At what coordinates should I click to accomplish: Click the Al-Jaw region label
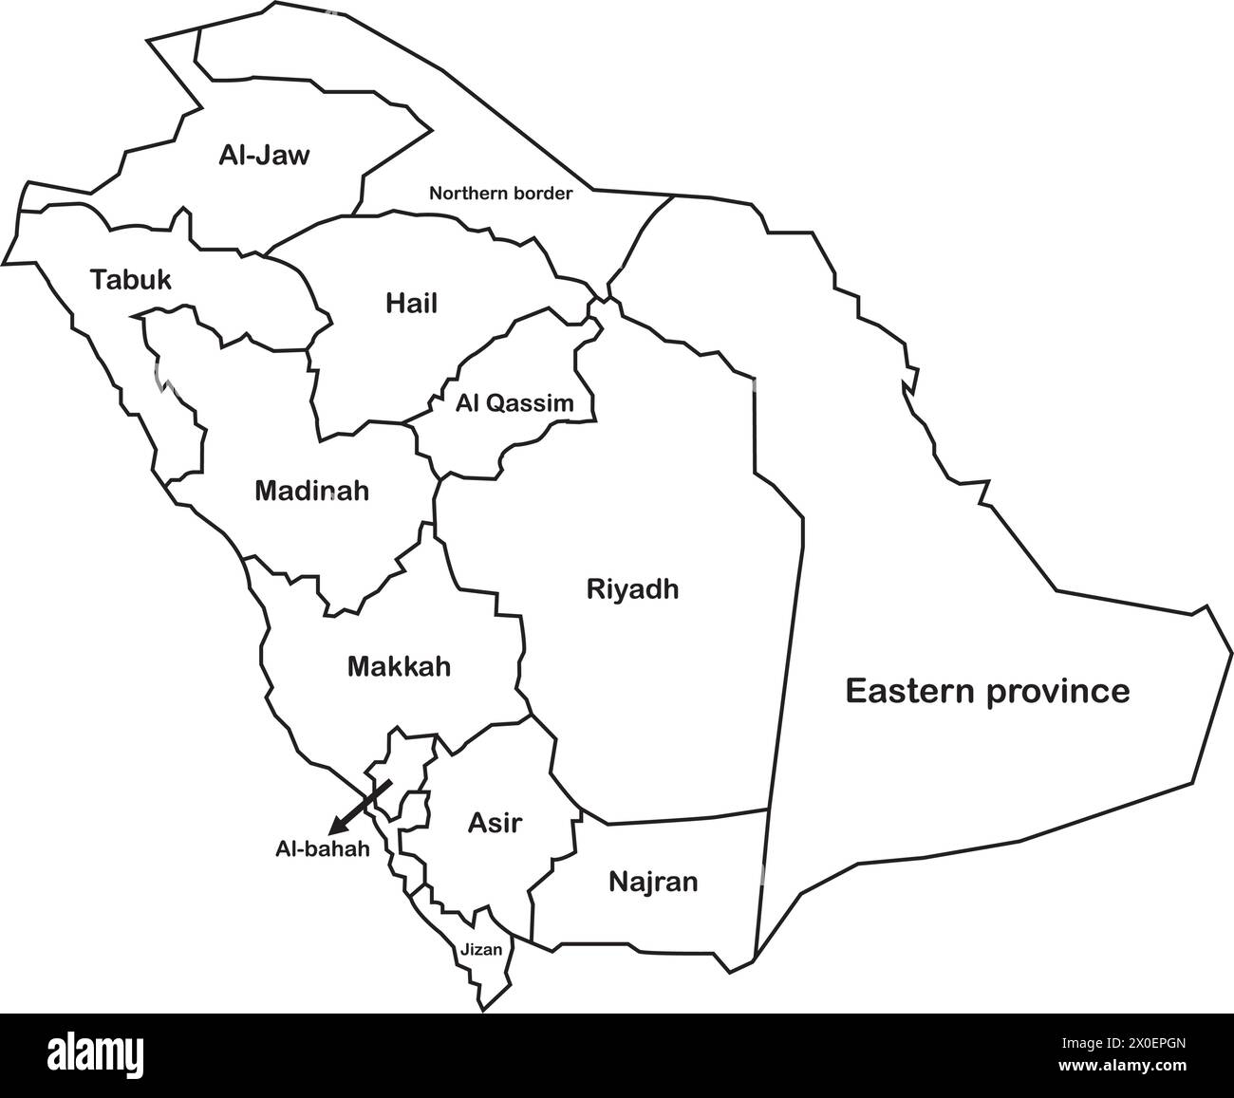coord(264,155)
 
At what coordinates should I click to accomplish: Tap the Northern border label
coord(500,194)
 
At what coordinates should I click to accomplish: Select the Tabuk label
coord(131,280)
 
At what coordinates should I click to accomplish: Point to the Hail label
coord(411,304)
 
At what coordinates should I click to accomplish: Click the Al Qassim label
coord(514,403)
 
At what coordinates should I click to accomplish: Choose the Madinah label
coord(311,492)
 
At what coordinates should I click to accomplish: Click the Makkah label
coord(399,666)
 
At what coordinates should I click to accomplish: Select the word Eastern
coord(910,691)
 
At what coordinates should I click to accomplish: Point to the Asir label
coord(495,823)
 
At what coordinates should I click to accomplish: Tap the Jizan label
coord(481,948)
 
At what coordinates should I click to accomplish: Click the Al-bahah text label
coord(323,849)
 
